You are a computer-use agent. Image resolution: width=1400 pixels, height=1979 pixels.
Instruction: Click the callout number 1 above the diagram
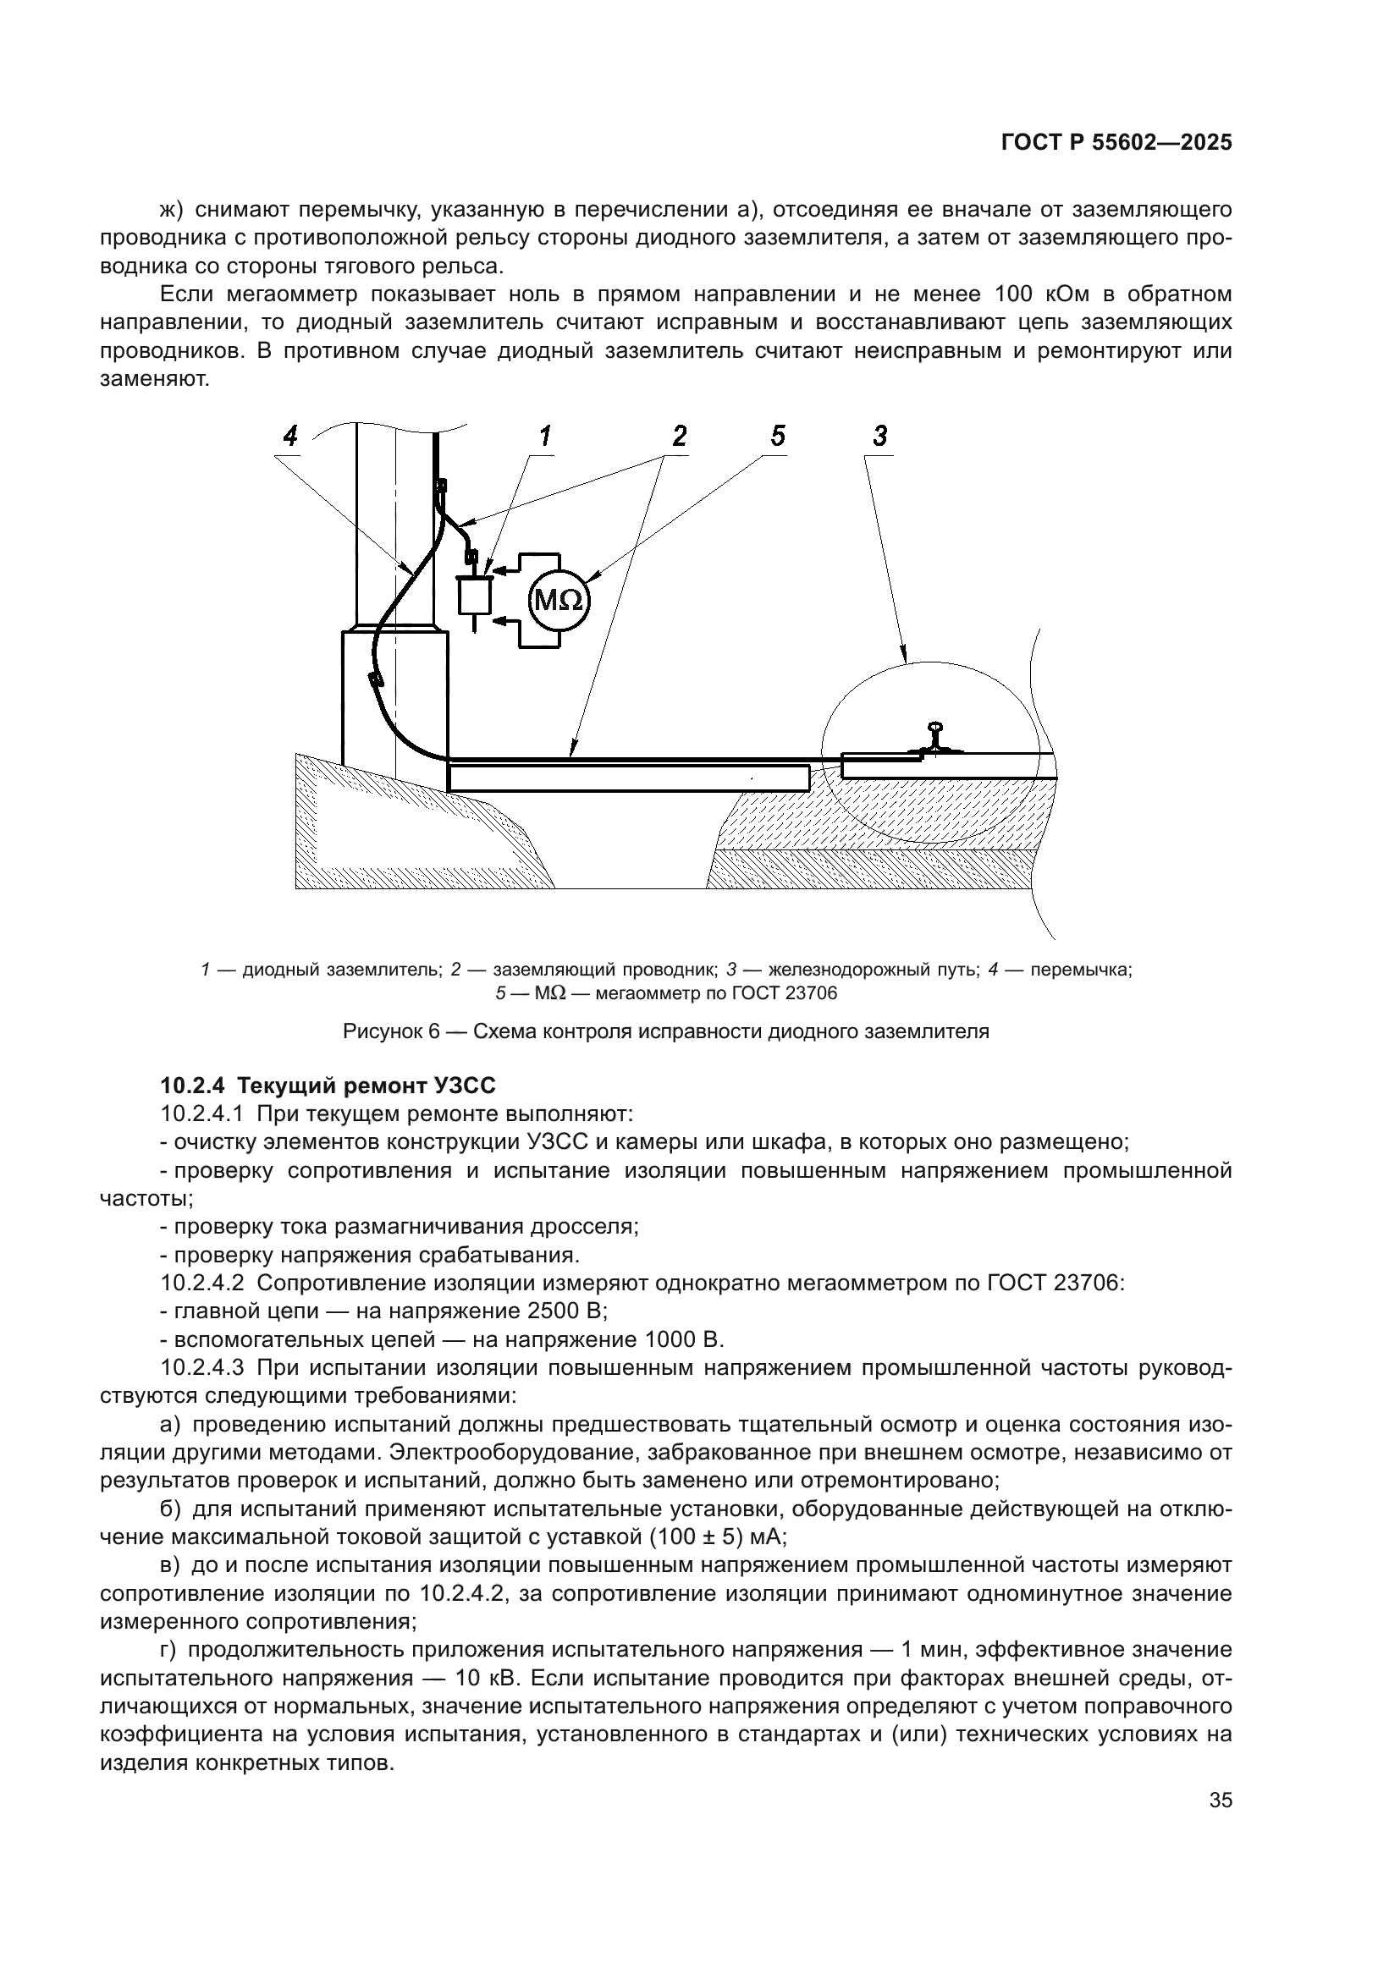544,436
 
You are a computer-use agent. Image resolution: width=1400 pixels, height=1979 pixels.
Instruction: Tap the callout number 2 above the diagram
680,436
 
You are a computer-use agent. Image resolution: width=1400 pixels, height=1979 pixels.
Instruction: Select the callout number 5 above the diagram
778,436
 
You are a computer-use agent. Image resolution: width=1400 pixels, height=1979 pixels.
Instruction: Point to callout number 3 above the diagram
879,436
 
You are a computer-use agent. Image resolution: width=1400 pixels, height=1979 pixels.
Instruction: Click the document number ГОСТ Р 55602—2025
1116,144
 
